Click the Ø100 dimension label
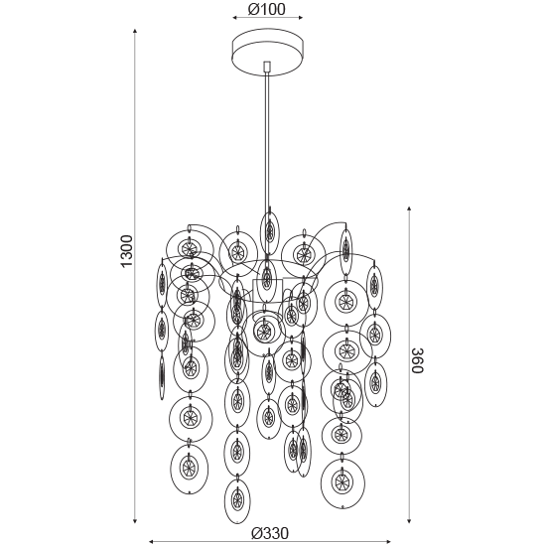pos(266,9)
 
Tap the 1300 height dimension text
pos(127,251)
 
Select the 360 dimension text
pos(417,360)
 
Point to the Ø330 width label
pos(270,533)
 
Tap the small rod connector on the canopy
pos(267,67)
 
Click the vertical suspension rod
pos(267,139)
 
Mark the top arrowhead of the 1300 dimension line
pos(135,32)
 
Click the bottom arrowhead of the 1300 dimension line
pos(135,521)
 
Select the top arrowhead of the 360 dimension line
pos(409,208)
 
